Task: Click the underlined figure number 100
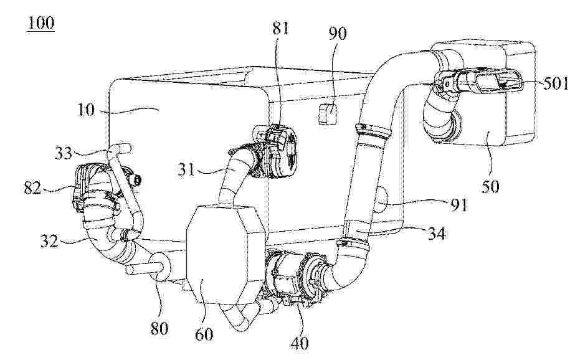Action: [x=40, y=23]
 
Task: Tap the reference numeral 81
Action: [x=281, y=28]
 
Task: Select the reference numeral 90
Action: [x=338, y=34]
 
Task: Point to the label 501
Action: [x=555, y=84]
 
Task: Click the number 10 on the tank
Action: [x=86, y=109]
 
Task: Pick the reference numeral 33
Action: [x=64, y=153]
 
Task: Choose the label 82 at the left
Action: [x=32, y=189]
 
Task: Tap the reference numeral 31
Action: [x=186, y=170]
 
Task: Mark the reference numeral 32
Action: [x=49, y=241]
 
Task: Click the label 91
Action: [x=459, y=206]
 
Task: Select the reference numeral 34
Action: [x=437, y=233]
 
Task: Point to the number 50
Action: [x=491, y=187]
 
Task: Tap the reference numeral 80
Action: [x=159, y=328]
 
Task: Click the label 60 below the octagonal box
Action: [x=204, y=334]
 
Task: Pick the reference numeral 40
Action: [x=300, y=343]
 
